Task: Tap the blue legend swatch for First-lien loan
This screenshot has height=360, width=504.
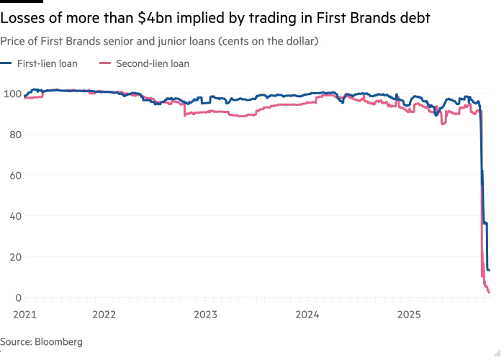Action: click(8, 63)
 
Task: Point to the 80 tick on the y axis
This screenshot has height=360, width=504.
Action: click(12, 135)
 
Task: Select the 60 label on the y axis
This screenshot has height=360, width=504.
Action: click(12, 175)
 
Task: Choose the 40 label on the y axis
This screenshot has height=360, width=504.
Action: click(12, 216)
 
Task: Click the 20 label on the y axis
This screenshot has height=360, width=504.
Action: click(12, 257)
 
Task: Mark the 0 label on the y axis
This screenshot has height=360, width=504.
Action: click(15, 297)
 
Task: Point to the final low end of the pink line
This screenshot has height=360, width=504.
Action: click(490, 292)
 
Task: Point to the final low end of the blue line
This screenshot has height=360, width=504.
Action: click(489, 271)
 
